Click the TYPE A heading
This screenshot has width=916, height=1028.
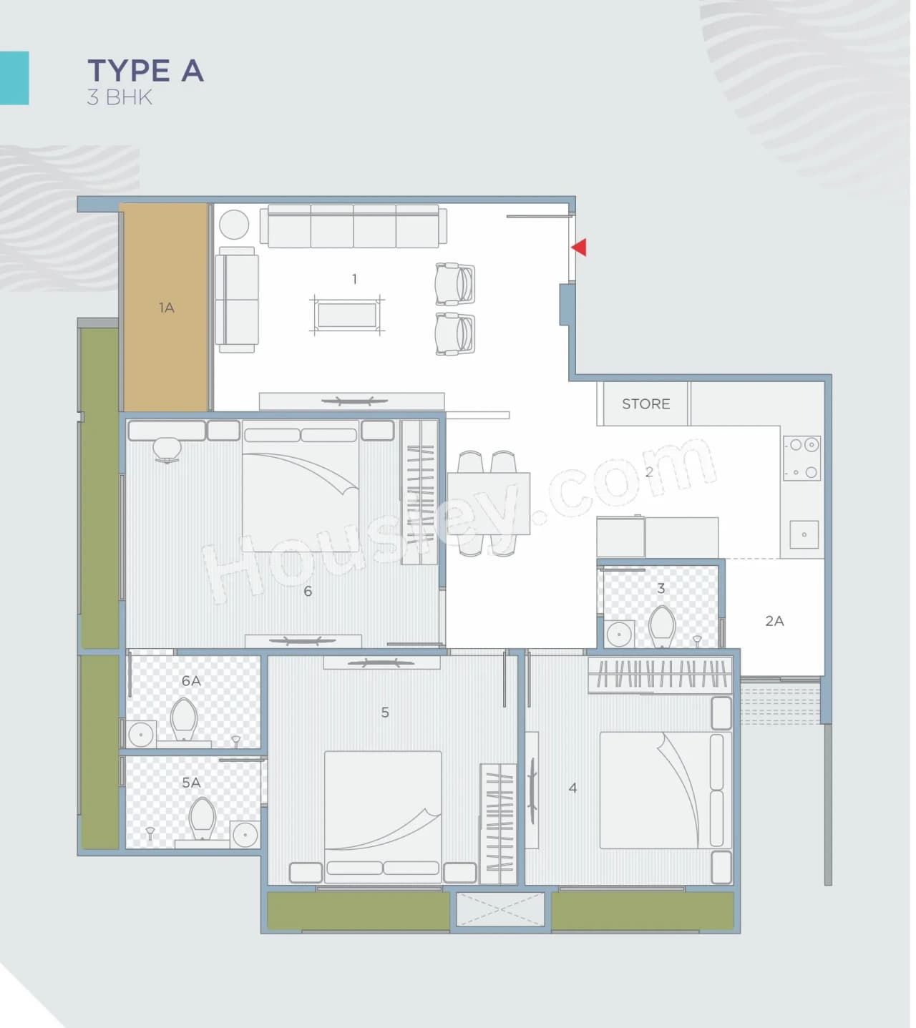[145, 72]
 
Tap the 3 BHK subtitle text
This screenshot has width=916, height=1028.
[120, 97]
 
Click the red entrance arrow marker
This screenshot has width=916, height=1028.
[579, 248]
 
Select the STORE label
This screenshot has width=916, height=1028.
[645, 404]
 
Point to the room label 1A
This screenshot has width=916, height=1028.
[166, 308]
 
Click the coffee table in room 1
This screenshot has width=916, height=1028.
[347, 315]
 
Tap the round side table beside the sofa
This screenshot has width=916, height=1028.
[233, 225]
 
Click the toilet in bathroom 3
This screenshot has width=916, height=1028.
[662, 627]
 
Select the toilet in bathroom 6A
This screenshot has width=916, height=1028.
[185, 718]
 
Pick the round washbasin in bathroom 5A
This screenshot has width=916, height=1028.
[245, 834]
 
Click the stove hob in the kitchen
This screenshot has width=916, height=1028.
[801, 458]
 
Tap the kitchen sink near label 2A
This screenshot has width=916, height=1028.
[804, 534]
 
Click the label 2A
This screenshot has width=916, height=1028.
[774, 621]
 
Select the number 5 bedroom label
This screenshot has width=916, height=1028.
[385, 713]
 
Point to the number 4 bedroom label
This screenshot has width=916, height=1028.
[572, 788]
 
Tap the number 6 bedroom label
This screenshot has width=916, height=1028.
[308, 591]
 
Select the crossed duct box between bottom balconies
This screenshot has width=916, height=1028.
[500, 910]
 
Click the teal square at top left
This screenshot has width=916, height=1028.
[14, 78]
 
